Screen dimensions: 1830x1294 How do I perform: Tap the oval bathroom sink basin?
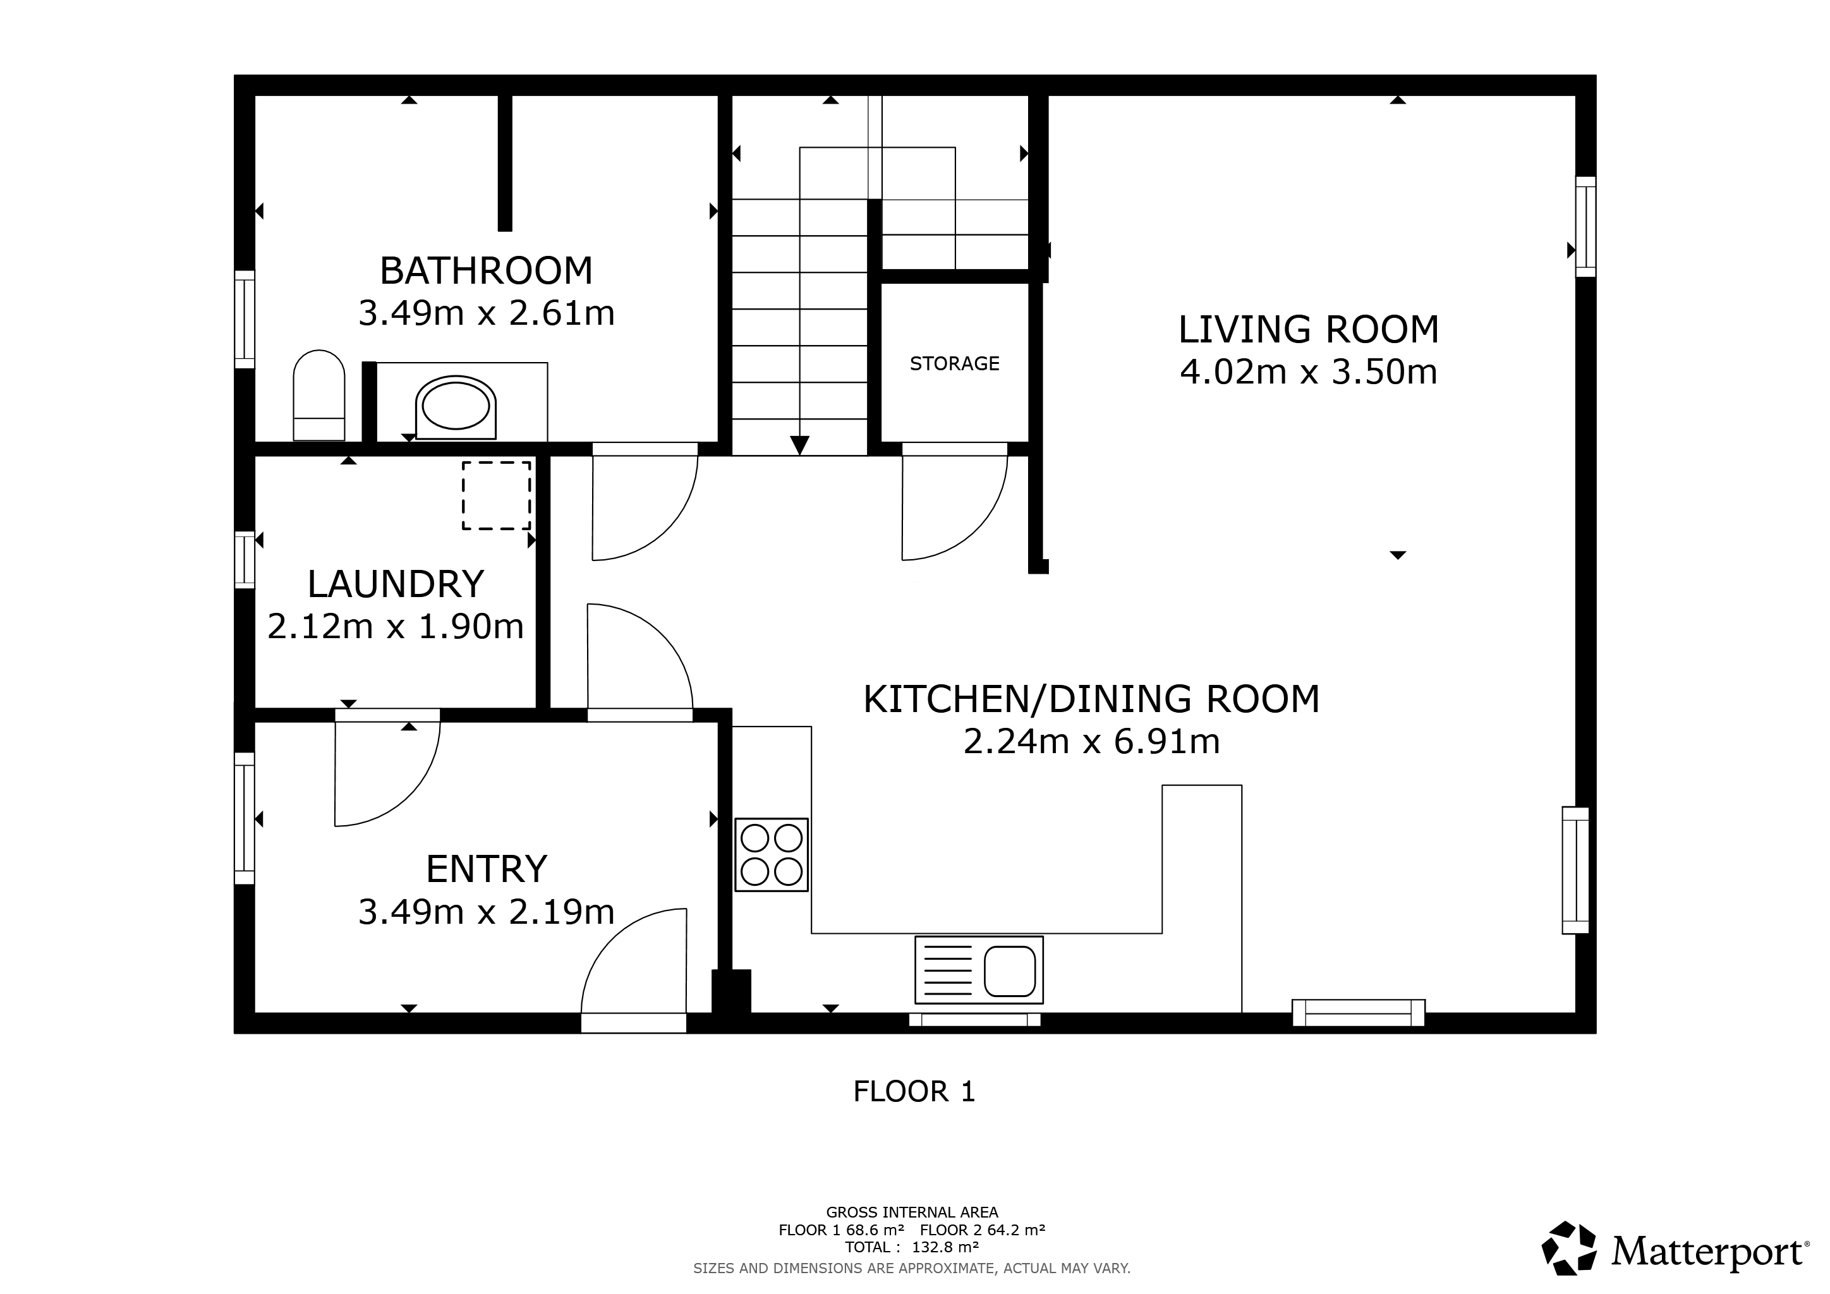tap(456, 406)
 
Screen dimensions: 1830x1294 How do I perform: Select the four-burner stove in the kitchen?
tap(772, 854)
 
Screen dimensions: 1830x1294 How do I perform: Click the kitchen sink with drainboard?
tap(979, 970)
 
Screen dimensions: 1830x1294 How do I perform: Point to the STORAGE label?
tap(954, 363)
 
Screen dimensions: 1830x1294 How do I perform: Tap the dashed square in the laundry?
tap(497, 495)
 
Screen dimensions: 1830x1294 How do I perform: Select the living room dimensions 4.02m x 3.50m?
tap(1309, 372)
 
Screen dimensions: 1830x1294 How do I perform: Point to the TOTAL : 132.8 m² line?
tap(912, 1247)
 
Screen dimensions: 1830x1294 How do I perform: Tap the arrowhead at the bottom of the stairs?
tap(799, 445)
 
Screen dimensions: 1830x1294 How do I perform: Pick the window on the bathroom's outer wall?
tap(245, 320)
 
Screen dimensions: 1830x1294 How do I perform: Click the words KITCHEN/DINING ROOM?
tap(1091, 699)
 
